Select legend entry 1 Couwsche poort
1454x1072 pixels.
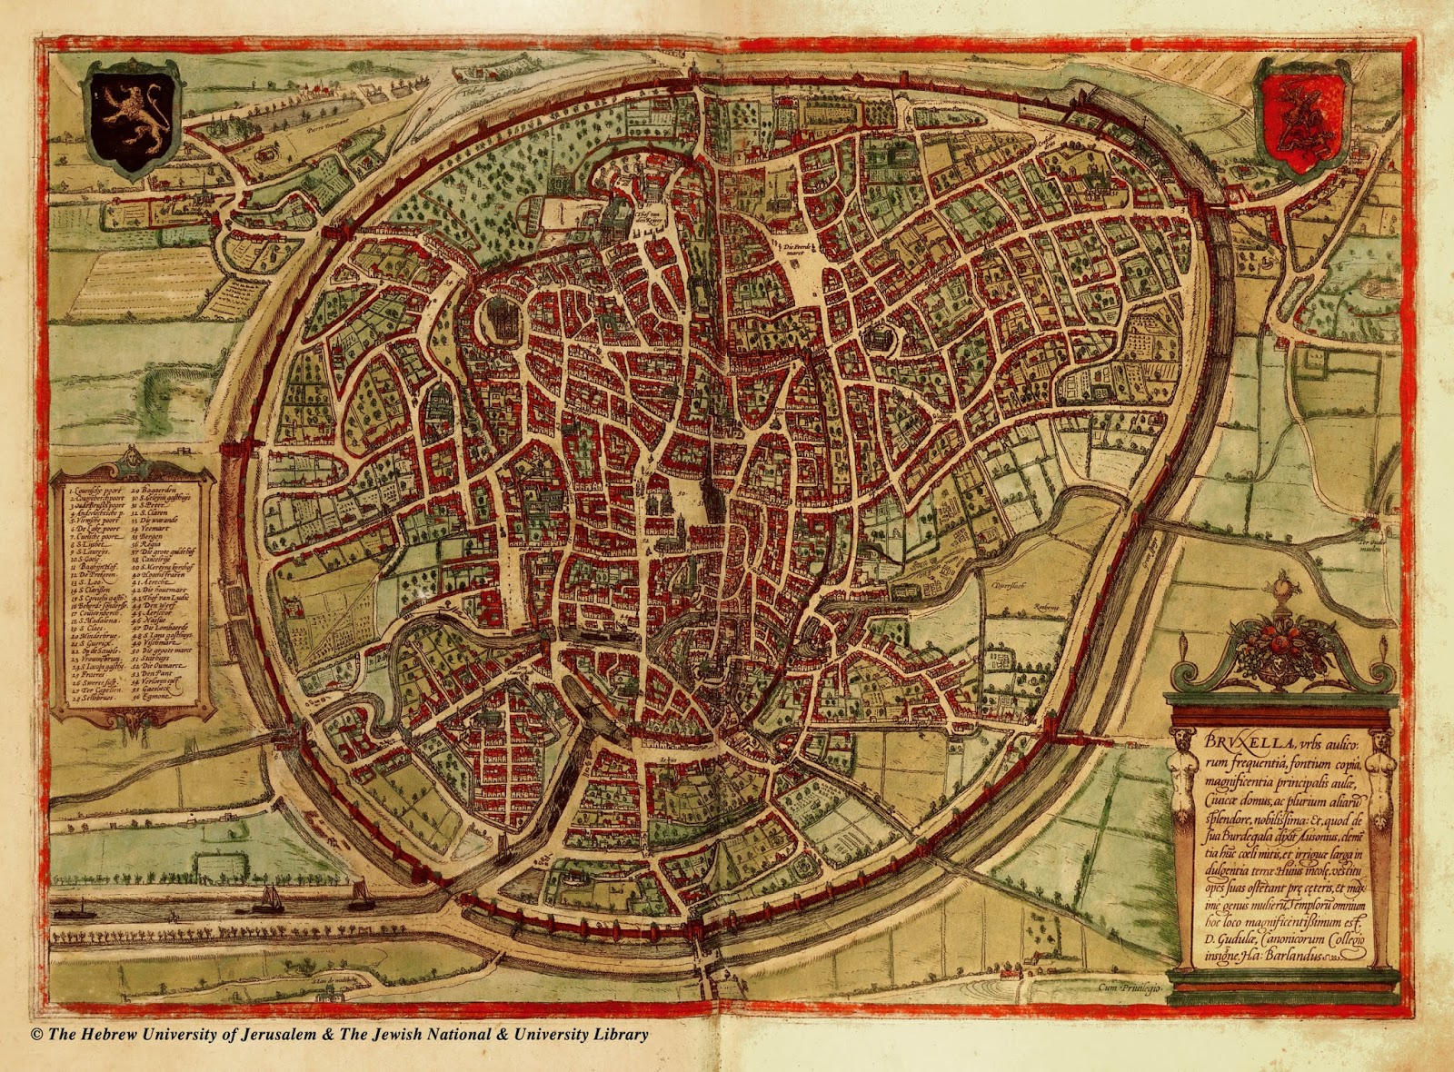tap(95, 491)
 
